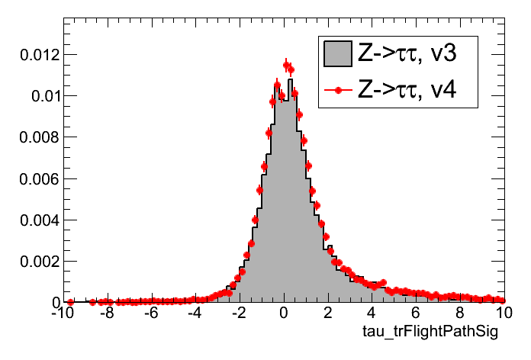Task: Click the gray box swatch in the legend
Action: point(337,53)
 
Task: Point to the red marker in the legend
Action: point(337,92)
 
